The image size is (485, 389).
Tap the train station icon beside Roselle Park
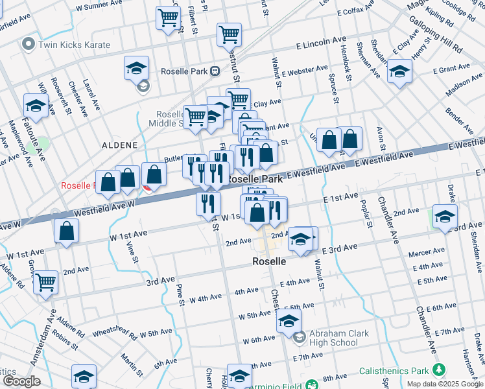(x=213, y=71)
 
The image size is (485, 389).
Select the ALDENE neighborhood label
(x=119, y=145)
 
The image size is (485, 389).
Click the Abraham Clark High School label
(x=338, y=338)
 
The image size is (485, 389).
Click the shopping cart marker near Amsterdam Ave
(x=45, y=281)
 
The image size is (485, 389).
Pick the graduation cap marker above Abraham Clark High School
(x=289, y=320)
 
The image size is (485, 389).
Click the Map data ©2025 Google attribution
(x=445, y=384)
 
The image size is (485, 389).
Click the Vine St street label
(x=134, y=251)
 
